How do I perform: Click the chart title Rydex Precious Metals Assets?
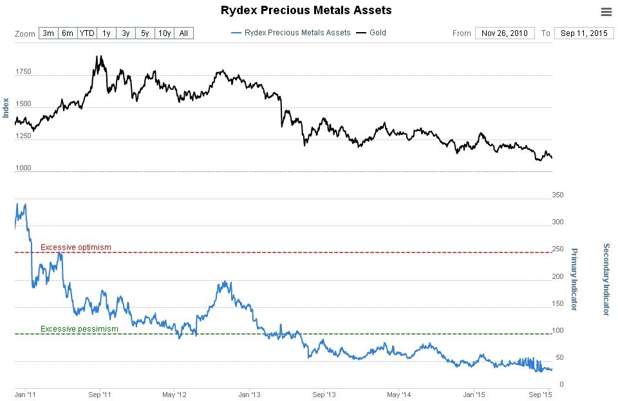(306, 10)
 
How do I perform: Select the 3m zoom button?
(48, 33)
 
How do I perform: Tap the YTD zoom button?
(87, 33)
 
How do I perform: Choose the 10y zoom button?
(164, 33)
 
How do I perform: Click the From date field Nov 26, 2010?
(504, 33)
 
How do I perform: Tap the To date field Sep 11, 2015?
(583, 33)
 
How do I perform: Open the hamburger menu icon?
(606, 12)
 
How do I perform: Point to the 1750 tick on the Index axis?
(23, 72)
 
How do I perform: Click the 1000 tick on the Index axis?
(23, 168)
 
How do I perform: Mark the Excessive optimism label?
(76, 247)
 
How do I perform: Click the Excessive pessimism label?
(79, 329)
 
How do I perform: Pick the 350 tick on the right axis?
(558, 195)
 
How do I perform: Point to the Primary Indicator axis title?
(574, 279)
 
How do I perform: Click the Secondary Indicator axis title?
(605, 279)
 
